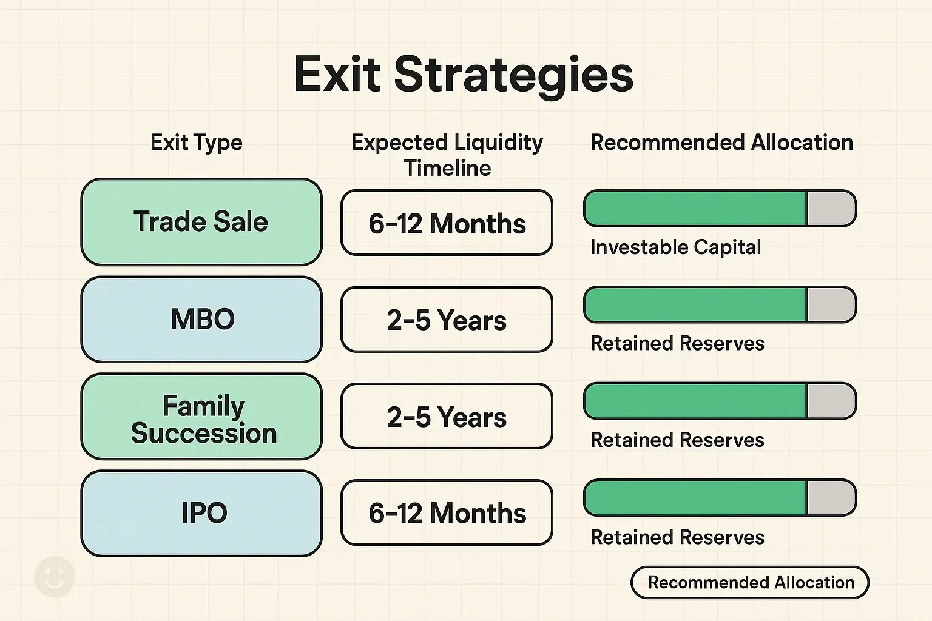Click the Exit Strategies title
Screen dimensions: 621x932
pyautogui.click(x=464, y=74)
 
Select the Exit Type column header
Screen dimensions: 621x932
pyautogui.click(x=196, y=143)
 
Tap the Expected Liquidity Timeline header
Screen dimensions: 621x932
pyautogui.click(x=447, y=155)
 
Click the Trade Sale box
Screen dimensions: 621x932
pyautogui.click(x=201, y=222)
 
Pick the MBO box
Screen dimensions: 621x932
pyautogui.click(x=201, y=320)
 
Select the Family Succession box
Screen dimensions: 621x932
pyautogui.click(x=201, y=417)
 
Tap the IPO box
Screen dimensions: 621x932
pyautogui.click(x=201, y=513)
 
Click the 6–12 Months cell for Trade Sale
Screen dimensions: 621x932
pyautogui.click(x=447, y=223)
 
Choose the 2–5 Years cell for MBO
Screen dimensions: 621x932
pyautogui.click(x=447, y=320)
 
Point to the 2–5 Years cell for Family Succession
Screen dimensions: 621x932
pyautogui.click(x=447, y=417)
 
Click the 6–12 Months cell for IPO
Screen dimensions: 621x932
pyautogui.click(x=447, y=513)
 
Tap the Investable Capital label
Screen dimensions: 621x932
pyautogui.click(x=675, y=247)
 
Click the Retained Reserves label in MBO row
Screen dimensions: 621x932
pyautogui.click(x=677, y=344)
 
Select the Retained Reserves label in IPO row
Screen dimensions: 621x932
pyautogui.click(x=677, y=537)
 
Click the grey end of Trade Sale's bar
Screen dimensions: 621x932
pyautogui.click(x=830, y=209)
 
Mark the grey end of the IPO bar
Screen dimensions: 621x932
pyautogui.click(x=830, y=498)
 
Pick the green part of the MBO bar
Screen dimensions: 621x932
pyautogui.click(x=695, y=305)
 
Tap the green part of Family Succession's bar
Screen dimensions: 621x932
pyautogui.click(x=695, y=401)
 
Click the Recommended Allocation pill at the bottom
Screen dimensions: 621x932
pyautogui.click(x=750, y=583)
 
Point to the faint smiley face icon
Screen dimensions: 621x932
pyautogui.click(x=55, y=577)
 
